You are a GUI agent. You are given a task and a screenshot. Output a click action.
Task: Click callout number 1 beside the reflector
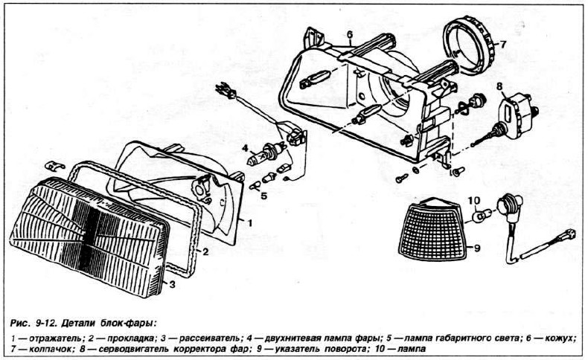[x=250, y=222]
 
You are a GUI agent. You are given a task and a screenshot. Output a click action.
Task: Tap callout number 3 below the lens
[x=173, y=283]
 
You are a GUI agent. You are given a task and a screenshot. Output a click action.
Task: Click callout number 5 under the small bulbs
[x=263, y=196]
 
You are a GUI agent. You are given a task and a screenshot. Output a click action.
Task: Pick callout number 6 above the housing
[x=348, y=34]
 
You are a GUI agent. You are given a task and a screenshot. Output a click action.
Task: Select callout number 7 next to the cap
[x=502, y=44]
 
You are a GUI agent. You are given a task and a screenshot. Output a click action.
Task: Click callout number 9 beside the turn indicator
[x=478, y=248]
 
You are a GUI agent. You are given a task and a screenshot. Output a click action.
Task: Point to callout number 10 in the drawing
[x=473, y=201]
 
